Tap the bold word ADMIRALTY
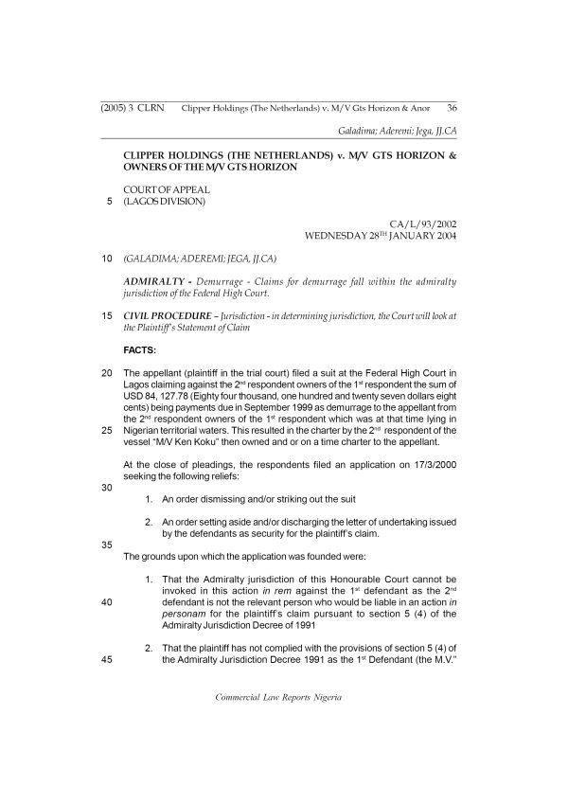tap(154, 283)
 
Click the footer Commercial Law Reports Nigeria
tap(278, 697)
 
